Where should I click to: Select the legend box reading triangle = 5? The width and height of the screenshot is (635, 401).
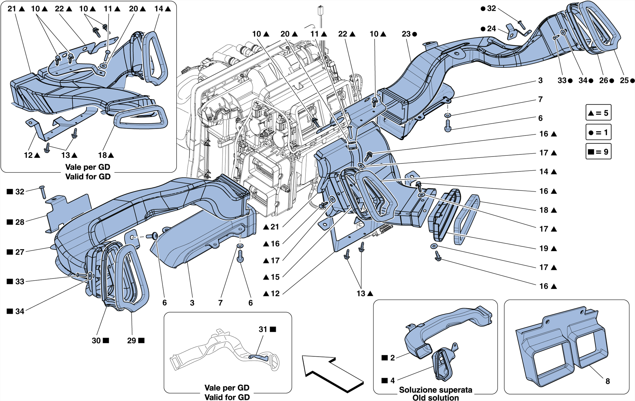(x=598, y=113)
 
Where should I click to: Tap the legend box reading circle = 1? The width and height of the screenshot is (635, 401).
(x=598, y=133)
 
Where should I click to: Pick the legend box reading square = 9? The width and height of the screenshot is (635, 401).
(x=598, y=152)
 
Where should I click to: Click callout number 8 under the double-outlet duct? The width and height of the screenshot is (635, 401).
(x=608, y=381)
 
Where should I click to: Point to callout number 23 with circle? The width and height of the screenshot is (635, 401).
(x=406, y=34)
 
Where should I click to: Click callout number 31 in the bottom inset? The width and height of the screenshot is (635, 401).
(x=263, y=329)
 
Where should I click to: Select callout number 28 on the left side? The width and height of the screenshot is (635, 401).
(x=20, y=222)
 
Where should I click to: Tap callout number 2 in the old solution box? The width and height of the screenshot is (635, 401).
(x=393, y=358)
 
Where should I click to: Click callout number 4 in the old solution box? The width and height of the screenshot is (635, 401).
(x=393, y=381)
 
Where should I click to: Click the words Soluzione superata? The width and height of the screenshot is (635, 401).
(x=435, y=390)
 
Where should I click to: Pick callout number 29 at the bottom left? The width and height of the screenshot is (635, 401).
(x=132, y=341)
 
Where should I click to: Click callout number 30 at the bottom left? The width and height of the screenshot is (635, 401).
(x=96, y=341)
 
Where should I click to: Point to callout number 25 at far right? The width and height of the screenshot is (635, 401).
(x=624, y=81)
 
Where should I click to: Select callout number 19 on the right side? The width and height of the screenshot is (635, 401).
(x=544, y=248)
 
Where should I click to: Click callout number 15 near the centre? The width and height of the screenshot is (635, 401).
(x=275, y=277)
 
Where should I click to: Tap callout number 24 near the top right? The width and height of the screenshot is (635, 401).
(x=491, y=29)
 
